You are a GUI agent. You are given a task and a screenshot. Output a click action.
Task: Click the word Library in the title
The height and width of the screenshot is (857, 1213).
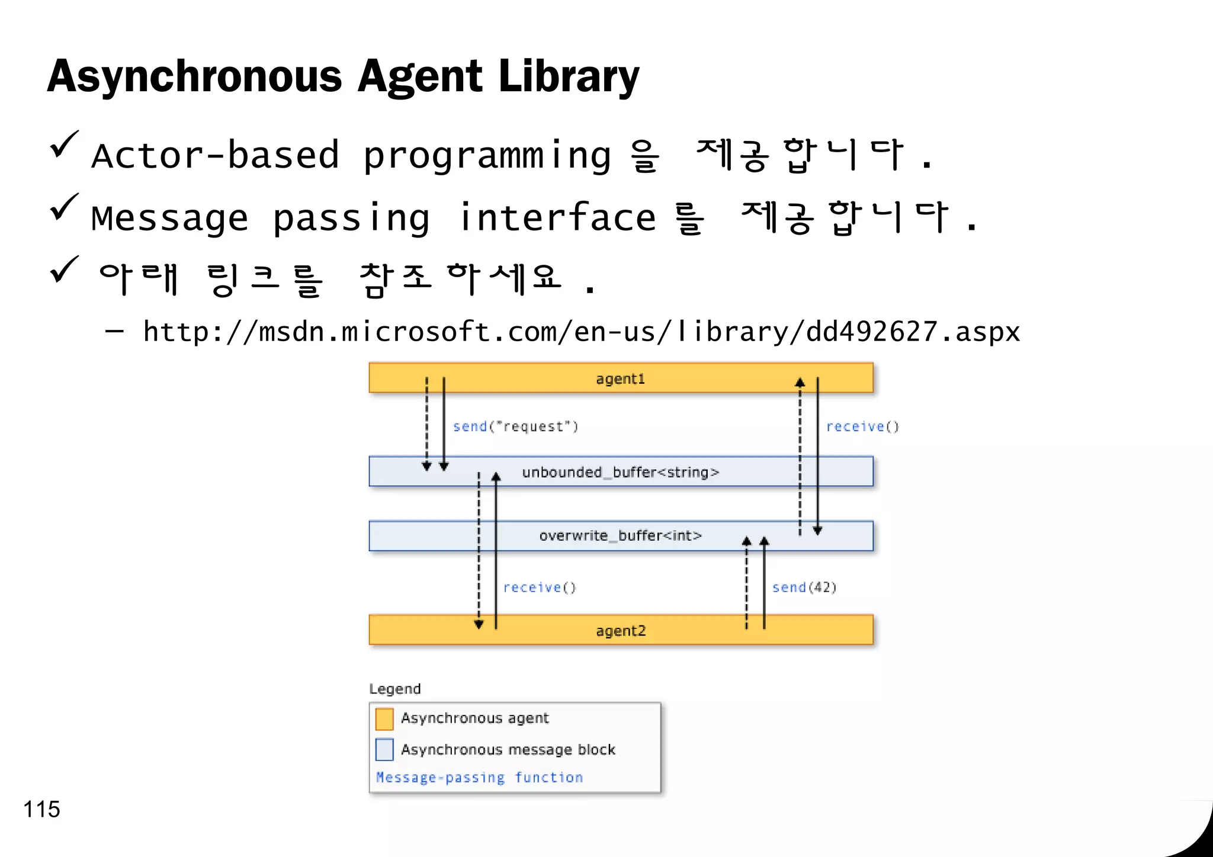point(569,77)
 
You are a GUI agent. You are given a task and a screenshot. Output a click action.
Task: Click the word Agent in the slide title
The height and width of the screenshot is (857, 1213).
point(420,77)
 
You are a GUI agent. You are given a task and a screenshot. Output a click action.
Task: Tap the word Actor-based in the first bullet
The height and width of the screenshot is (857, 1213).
point(216,155)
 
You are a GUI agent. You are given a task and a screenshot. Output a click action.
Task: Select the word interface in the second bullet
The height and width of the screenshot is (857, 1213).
point(557,217)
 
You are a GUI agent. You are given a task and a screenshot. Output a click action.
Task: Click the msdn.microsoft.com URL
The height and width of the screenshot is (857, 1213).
point(581,332)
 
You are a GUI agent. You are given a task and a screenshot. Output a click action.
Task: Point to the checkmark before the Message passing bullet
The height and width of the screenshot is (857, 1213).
point(64,208)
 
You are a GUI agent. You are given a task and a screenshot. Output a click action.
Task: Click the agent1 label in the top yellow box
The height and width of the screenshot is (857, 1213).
point(620,379)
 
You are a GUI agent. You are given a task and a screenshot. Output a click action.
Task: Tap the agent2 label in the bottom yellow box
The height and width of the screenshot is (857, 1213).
point(621,631)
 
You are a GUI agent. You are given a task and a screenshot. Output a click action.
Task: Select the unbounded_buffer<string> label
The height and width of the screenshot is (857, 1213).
point(620,472)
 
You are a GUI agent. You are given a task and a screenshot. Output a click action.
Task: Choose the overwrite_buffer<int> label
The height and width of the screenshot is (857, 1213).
point(620,536)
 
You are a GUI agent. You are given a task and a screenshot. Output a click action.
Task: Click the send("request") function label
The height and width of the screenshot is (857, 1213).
point(515,426)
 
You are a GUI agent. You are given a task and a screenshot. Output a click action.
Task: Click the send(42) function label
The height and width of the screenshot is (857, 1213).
point(804,588)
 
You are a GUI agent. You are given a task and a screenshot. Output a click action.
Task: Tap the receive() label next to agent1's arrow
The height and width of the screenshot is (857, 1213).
point(862,426)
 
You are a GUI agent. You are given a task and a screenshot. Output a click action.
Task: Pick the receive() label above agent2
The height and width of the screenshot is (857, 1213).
point(539,588)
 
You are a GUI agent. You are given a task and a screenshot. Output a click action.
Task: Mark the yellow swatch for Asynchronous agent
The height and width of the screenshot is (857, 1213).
point(384,719)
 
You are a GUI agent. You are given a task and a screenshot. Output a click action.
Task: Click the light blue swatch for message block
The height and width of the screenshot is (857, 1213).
point(384,750)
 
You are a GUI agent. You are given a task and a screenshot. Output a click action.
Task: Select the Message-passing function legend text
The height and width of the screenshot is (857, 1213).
point(479,778)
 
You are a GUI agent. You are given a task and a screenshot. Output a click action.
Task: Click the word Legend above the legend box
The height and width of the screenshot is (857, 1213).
point(394,689)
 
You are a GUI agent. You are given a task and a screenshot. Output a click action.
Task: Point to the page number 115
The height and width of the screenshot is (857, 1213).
point(41,810)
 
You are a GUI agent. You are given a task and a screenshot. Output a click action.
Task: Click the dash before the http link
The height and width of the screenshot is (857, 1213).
point(114,332)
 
